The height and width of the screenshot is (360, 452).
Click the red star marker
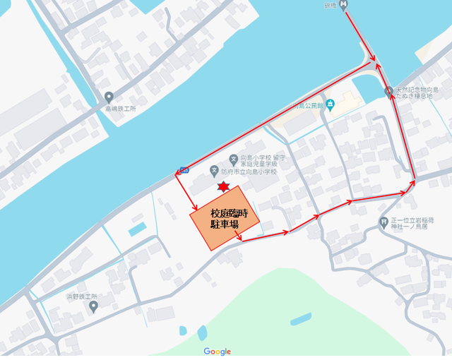pos(223,187)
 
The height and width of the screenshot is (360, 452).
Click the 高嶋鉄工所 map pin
pos(108,97)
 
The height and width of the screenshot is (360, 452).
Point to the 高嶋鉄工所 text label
pos(108,109)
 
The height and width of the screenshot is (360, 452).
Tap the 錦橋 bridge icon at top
pos(344,5)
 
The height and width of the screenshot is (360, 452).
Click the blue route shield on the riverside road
pos(184,170)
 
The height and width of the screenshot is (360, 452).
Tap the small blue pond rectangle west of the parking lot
pos(138,229)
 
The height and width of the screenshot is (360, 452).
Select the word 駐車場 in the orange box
pos(224,224)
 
